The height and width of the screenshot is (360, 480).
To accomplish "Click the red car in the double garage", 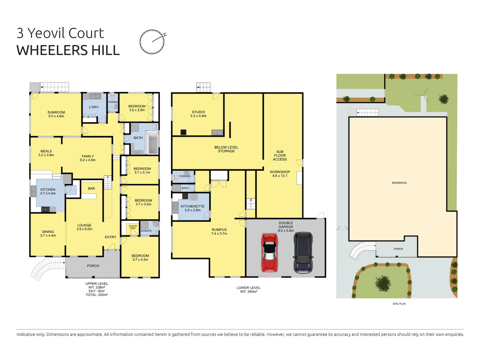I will (x=269, y=252).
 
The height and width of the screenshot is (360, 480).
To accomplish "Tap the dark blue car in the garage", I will (x=303, y=252).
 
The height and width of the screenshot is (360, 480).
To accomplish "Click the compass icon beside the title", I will (x=152, y=42).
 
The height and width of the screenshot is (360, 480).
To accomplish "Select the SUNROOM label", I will (x=56, y=112).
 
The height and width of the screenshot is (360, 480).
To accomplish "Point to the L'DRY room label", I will (x=94, y=107).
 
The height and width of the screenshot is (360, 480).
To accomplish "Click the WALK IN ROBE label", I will (x=133, y=227).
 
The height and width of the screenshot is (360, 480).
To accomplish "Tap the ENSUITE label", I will (x=146, y=231).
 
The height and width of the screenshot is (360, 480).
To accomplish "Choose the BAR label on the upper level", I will (x=91, y=189).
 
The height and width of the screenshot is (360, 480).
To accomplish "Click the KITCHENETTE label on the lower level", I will (x=192, y=206).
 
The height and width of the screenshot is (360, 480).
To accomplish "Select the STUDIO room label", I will (x=198, y=112).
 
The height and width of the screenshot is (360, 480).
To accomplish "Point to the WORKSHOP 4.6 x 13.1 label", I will (x=280, y=174).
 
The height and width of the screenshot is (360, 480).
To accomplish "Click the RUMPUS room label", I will (x=219, y=230).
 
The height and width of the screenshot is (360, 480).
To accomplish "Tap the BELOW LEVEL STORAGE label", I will (x=226, y=149).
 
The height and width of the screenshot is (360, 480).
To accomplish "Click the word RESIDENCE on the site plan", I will (x=399, y=183).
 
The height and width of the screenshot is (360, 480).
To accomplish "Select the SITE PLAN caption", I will (x=399, y=304).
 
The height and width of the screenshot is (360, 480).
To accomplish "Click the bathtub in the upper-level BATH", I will (x=153, y=144).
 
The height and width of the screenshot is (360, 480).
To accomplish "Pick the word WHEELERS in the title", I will (x=52, y=50).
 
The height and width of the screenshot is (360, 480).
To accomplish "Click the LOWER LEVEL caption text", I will (x=248, y=288).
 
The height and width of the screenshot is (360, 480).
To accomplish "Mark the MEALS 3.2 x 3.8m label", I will (x=46, y=153).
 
